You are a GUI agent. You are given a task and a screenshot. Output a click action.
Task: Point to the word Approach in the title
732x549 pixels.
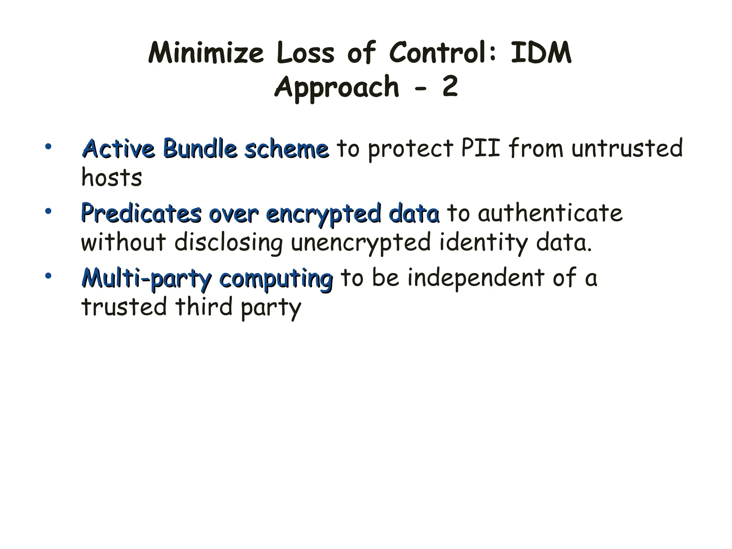336,87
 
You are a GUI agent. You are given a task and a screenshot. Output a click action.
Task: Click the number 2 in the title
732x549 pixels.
450,87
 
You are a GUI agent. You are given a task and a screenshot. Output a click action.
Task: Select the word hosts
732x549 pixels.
112,178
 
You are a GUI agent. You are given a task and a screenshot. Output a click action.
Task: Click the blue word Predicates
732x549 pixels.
141,213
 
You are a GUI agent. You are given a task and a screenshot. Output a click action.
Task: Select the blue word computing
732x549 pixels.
276,279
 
